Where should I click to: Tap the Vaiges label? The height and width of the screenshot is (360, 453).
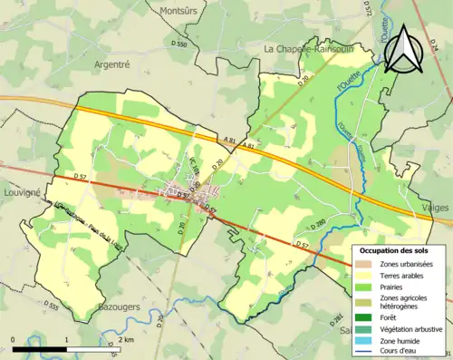click(x=436, y=208)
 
